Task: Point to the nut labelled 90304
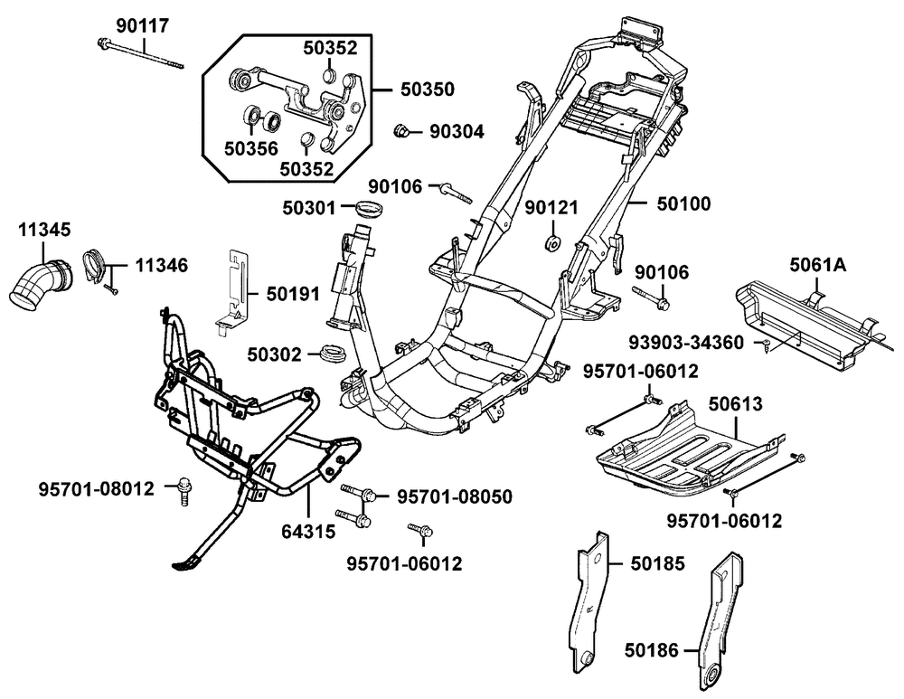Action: coord(398,132)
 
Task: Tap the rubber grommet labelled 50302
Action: coord(335,351)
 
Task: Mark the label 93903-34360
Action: coord(687,343)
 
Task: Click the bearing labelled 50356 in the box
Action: coord(256,116)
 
